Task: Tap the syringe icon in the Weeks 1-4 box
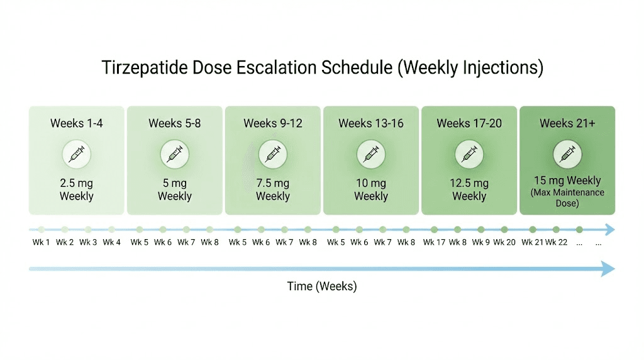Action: coord(77,154)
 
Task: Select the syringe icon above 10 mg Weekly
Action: coord(371,154)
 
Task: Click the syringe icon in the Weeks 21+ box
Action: coord(567,154)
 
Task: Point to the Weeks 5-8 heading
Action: coord(175,123)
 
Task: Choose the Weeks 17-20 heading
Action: coord(469,123)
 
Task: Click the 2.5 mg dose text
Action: coord(77,183)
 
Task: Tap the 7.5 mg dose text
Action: coord(273,183)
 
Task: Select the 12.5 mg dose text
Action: coord(469,183)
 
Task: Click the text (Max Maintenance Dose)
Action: coord(567,198)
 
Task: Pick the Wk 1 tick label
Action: coord(42,242)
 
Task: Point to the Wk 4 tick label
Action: coord(112,242)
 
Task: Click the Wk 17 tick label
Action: coord(433,242)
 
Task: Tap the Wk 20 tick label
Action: coord(504,242)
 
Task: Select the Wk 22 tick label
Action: coord(556,242)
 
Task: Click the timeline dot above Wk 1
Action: coord(42,230)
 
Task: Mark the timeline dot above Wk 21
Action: coord(533,230)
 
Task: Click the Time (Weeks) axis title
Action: coord(322,286)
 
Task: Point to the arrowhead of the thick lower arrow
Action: coord(607,269)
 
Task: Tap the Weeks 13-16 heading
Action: coord(371,123)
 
